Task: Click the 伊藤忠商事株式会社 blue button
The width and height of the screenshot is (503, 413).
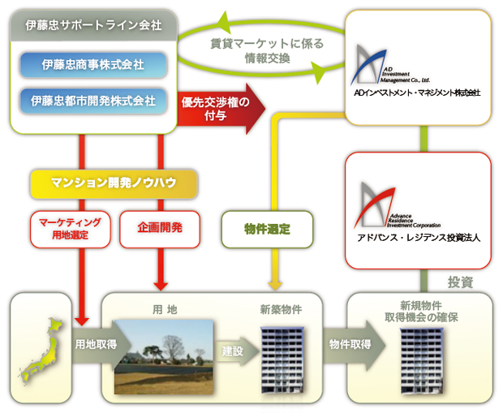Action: click(93, 64)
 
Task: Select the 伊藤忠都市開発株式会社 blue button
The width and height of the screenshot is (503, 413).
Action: click(93, 101)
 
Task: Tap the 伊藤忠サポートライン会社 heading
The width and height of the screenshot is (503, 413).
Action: click(93, 26)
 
